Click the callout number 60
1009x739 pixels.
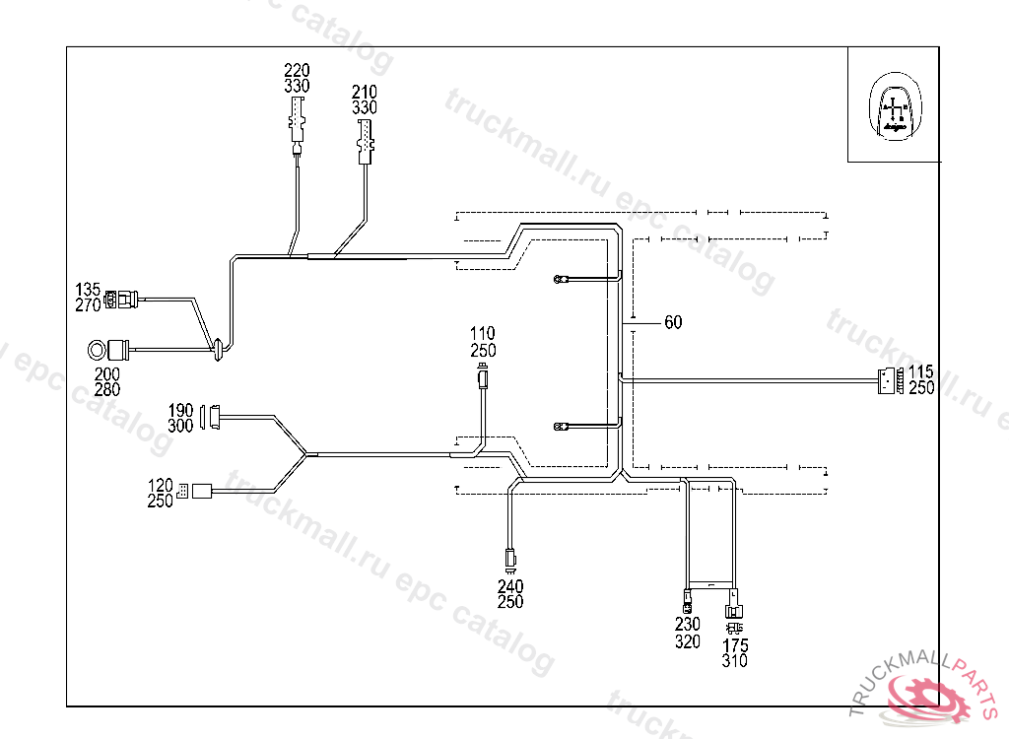(x=673, y=322)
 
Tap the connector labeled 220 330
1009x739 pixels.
(x=297, y=122)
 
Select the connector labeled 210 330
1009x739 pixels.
(x=366, y=139)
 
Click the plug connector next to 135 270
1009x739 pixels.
(x=123, y=297)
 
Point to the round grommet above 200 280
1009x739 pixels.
(x=99, y=349)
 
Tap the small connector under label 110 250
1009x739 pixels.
(x=482, y=377)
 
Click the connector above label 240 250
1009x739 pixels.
(x=509, y=560)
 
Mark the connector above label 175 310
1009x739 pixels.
(x=734, y=603)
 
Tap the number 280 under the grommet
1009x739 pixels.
(x=107, y=390)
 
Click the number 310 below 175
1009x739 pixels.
(x=734, y=662)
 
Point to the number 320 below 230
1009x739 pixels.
(x=688, y=642)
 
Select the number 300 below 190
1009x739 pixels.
(x=180, y=427)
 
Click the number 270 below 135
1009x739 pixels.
(x=89, y=305)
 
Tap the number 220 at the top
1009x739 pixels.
(x=297, y=70)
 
